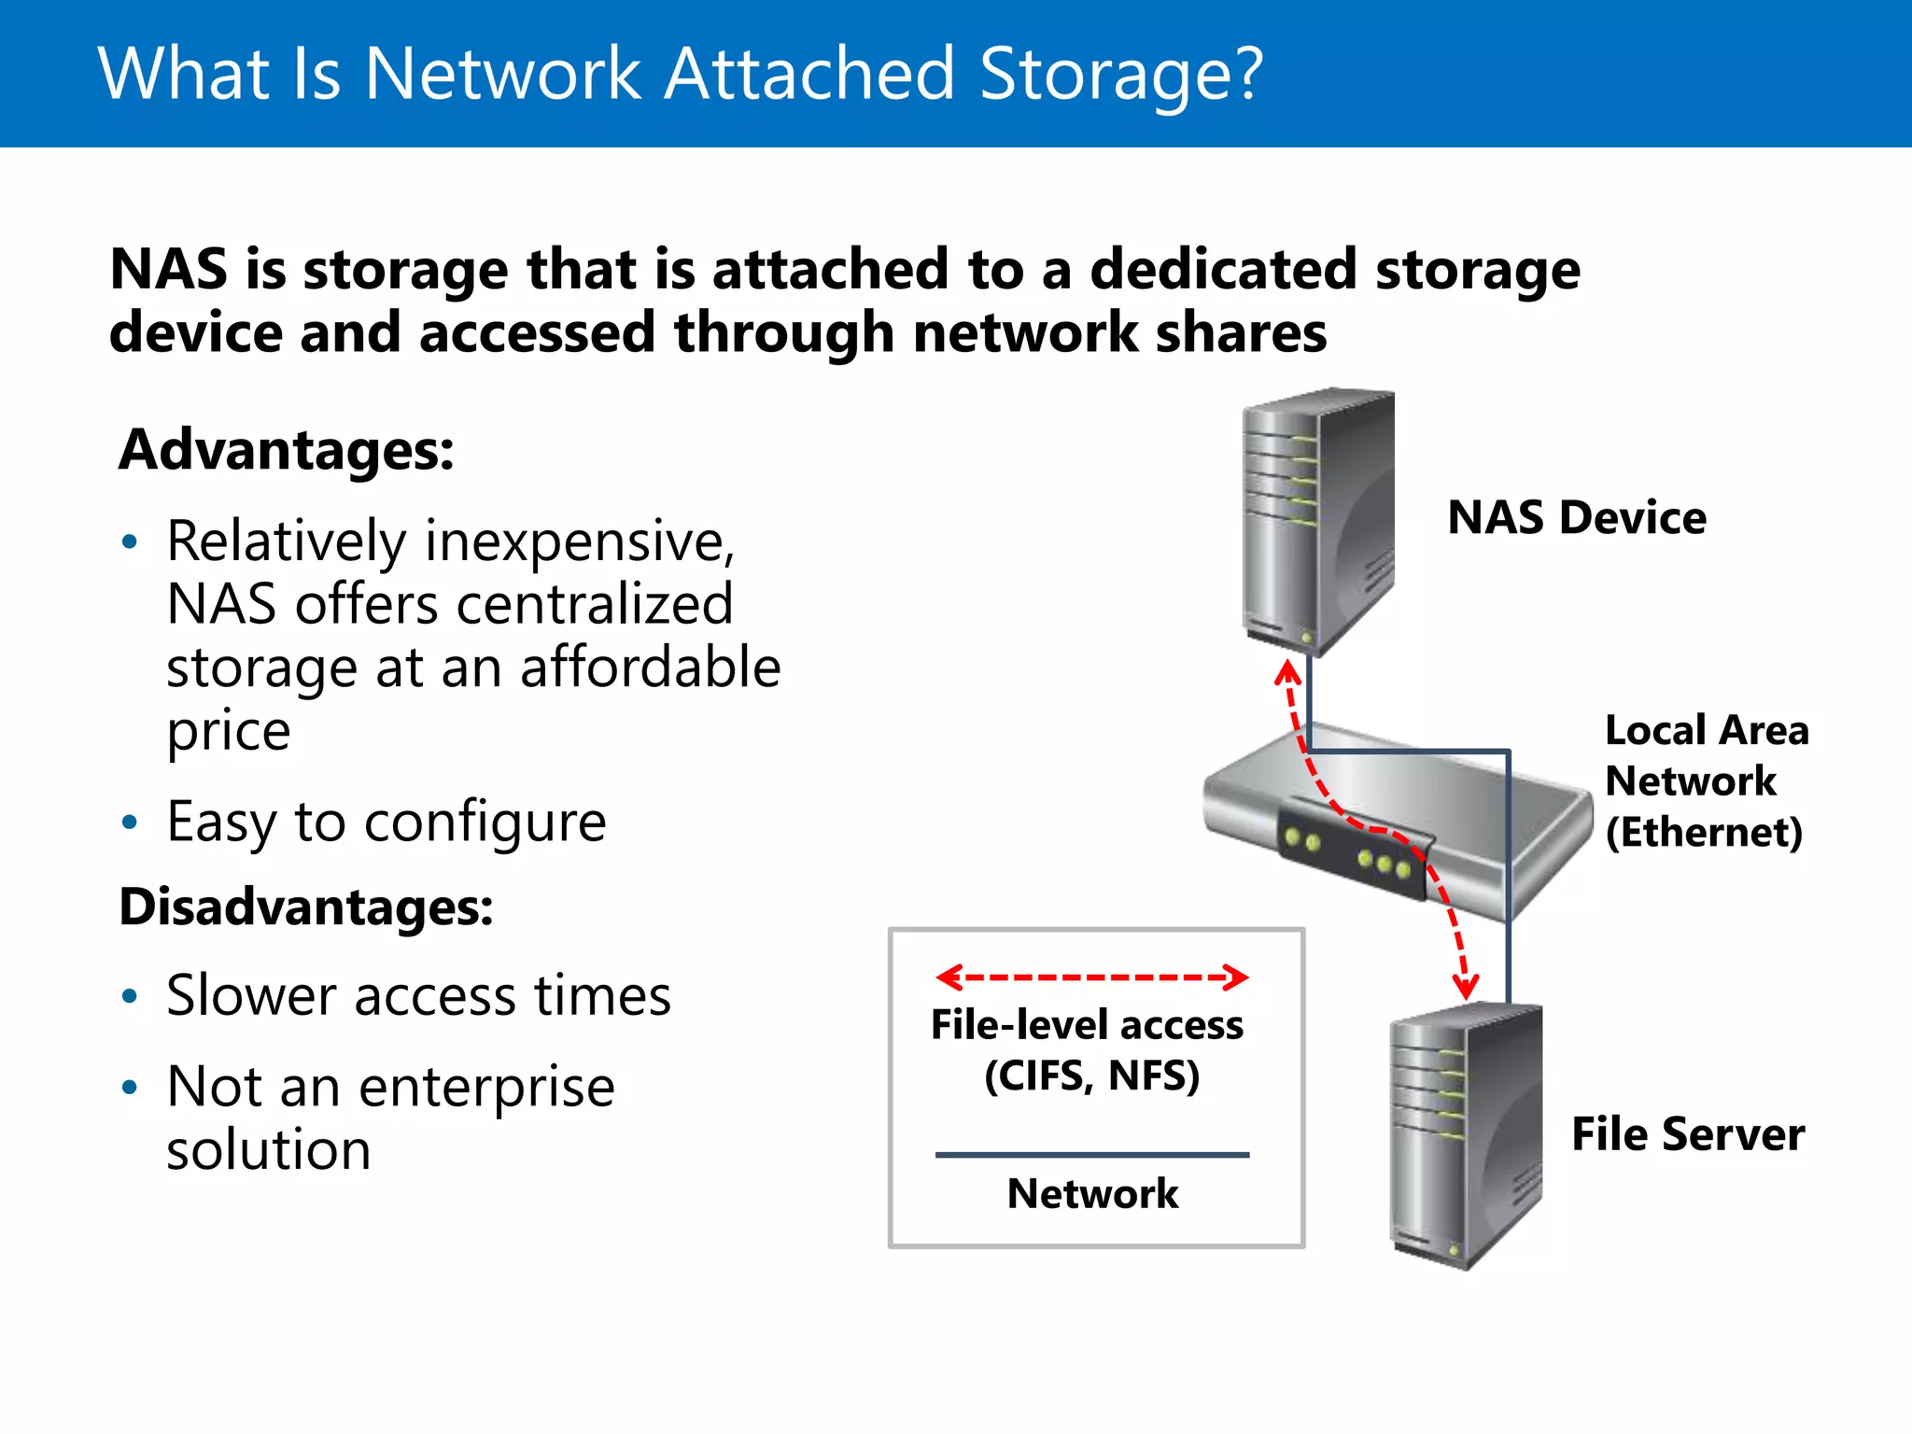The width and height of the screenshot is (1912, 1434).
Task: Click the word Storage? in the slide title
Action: (x=1120, y=75)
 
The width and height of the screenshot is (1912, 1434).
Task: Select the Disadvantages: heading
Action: (x=306, y=907)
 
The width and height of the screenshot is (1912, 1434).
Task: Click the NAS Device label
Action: (x=1576, y=517)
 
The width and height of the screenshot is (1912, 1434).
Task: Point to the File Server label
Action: (x=1687, y=1134)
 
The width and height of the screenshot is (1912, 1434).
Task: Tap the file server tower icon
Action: (x=1464, y=1134)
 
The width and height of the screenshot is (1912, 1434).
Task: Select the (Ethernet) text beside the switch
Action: (x=1704, y=832)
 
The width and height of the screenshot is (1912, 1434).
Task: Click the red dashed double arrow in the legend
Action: (x=1091, y=977)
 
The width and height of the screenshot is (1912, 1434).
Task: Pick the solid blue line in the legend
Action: (x=1091, y=1155)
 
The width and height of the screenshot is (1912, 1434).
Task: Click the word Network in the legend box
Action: (x=1092, y=1194)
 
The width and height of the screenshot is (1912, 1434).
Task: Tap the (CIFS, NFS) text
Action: (x=1091, y=1075)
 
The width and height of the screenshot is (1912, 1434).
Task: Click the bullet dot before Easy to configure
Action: (x=130, y=822)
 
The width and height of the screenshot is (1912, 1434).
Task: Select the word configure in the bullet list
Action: (x=485, y=822)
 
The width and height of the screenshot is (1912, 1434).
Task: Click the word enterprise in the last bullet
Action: (x=486, y=1087)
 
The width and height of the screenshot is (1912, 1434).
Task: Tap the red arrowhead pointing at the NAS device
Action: (x=1288, y=671)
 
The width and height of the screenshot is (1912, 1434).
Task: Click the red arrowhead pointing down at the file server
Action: (x=1466, y=987)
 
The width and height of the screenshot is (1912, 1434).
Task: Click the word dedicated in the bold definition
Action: (x=1224, y=270)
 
